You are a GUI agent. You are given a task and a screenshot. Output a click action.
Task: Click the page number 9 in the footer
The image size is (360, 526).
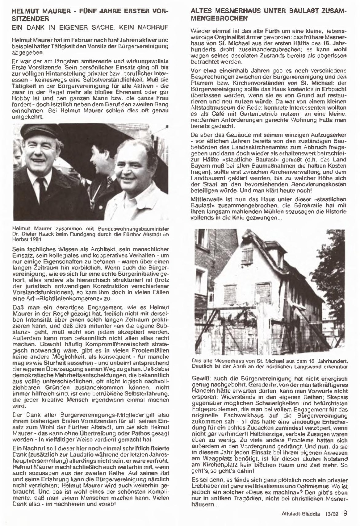click(x=345, y=513)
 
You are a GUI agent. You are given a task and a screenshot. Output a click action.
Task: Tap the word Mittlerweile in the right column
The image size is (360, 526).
click(x=207, y=199)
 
